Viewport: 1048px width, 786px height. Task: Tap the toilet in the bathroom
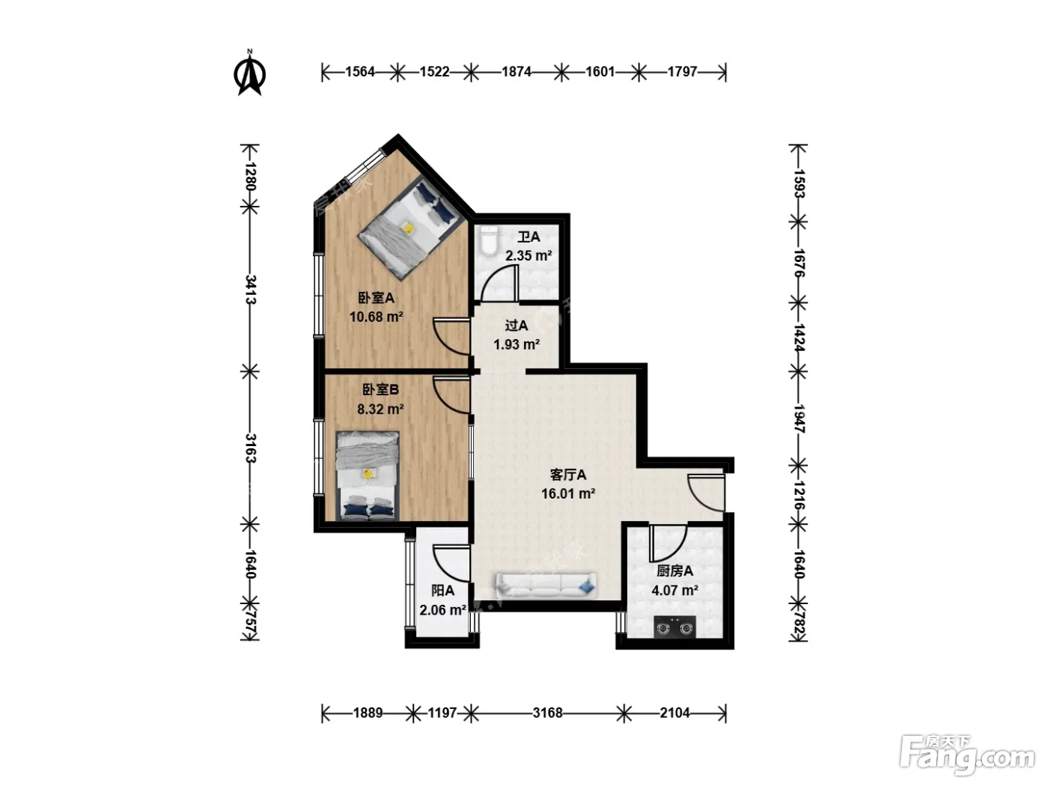pos(489,241)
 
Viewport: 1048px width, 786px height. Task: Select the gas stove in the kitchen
pos(674,627)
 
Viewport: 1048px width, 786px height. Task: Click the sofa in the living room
pos(546,585)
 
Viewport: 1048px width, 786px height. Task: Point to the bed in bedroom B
pos(367,475)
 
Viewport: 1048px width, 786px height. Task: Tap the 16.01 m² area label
pos(567,493)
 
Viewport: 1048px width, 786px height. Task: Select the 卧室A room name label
pos(377,298)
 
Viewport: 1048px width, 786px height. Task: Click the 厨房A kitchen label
pos(674,570)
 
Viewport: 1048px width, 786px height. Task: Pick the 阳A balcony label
pos(442,591)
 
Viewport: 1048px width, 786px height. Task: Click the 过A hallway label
pos(516,326)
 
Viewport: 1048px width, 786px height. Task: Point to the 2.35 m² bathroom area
pos(528,256)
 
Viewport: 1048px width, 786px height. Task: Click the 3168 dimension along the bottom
pos(548,713)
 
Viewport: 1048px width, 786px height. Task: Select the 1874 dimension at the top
pos(516,72)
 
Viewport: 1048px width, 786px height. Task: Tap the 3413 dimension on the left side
pos(251,289)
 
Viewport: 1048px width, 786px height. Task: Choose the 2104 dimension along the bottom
pos(674,713)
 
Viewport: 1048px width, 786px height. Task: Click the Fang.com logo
pos(967,755)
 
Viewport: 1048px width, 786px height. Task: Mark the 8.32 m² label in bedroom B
pos(380,409)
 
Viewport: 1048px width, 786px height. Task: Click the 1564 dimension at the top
pos(360,72)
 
